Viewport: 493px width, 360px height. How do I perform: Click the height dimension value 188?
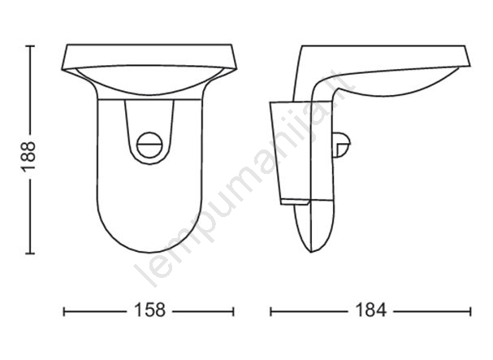28,156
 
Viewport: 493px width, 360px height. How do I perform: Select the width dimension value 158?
149,310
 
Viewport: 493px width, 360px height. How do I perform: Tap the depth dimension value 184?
370,310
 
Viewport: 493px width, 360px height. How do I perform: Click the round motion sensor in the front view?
149,145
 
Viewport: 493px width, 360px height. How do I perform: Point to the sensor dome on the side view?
342,145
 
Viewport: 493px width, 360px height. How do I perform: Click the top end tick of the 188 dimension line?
30,46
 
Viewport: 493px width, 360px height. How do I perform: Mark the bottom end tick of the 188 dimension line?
30,253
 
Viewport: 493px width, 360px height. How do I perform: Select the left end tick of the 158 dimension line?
64,312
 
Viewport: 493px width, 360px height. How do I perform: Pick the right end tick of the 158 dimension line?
233,312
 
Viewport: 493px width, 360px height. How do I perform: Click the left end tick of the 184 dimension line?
270,312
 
